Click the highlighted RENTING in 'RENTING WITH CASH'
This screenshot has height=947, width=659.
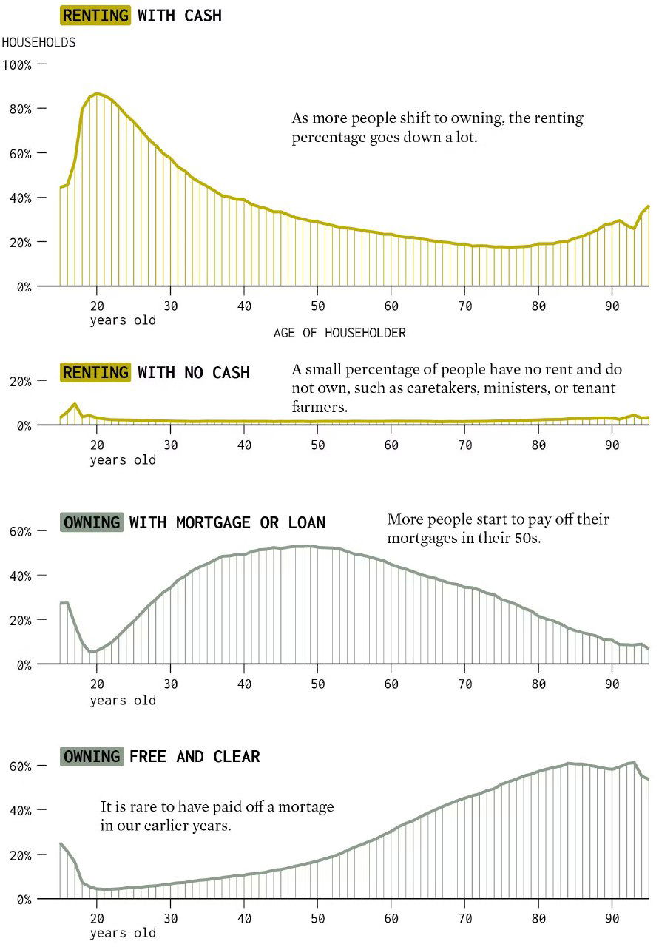click(x=95, y=15)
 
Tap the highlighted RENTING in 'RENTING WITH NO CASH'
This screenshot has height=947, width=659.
click(x=95, y=372)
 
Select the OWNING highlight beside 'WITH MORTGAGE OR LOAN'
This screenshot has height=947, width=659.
click(x=92, y=522)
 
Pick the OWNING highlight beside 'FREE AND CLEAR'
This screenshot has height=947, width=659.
click(x=92, y=756)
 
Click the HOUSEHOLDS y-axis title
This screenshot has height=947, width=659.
click(x=38, y=42)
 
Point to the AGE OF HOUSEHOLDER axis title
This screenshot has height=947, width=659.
click(x=339, y=333)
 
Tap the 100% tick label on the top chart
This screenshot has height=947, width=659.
click(x=17, y=64)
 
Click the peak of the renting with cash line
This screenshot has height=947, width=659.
click(x=97, y=93)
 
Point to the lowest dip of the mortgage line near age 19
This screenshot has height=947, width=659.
click(x=90, y=651)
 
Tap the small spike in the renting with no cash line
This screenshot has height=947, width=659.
click(x=75, y=404)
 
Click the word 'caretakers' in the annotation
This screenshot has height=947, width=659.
click(x=443, y=388)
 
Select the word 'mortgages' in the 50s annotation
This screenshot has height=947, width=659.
click(x=419, y=538)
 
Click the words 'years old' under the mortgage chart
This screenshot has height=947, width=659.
click(x=123, y=701)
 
